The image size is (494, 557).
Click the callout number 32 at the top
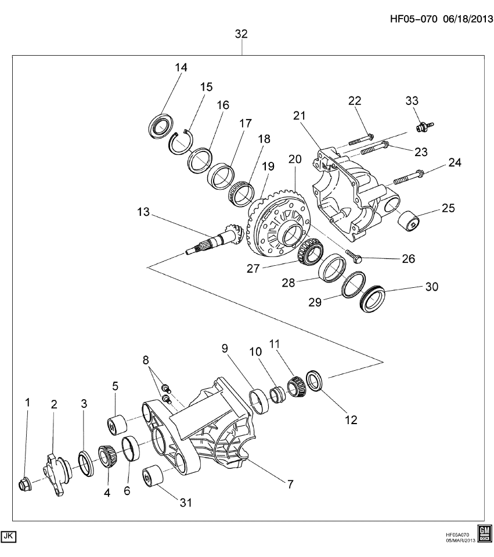[x=241, y=34]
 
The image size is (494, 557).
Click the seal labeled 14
[x=161, y=126]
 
